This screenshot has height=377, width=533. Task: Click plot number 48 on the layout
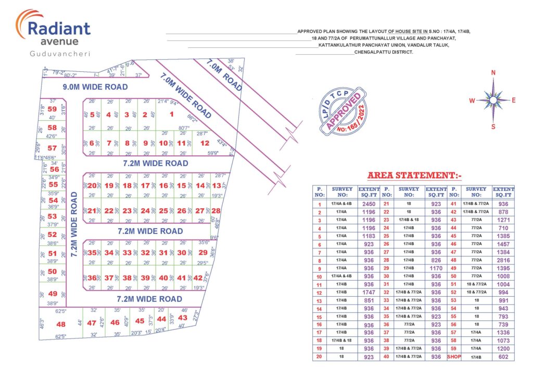tap(61, 324)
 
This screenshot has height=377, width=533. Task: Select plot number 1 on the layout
tap(171, 115)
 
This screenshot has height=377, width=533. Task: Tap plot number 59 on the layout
tap(52, 109)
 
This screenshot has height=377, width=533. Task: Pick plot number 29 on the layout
tap(203, 253)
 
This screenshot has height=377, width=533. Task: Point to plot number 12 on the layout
tap(205, 143)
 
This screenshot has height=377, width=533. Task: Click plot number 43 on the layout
tap(183, 318)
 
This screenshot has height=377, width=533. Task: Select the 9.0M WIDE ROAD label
tap(95, 87)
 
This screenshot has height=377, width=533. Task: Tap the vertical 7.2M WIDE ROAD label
tap(74, 224)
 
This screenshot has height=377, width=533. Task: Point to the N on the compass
tap(493, 73)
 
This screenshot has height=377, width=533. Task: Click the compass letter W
tap(472, 100)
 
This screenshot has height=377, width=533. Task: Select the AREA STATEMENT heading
tap(414, 175)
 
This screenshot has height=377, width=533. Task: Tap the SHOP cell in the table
tap(454, 357)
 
